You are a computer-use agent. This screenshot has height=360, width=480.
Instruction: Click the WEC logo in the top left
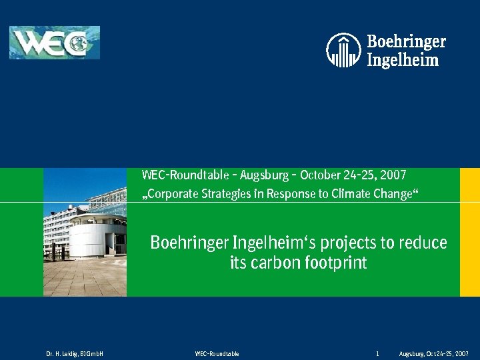coord(54,43)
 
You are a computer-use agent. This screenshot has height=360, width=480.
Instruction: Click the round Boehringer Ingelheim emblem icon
coord(343,50)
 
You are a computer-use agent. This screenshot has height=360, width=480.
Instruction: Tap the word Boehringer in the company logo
coord(406,42)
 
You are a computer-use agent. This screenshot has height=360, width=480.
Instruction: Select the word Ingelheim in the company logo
coord(403,60)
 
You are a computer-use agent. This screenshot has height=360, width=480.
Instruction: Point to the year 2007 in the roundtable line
coord(393,176)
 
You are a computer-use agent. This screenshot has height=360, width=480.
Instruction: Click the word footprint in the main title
coord(337,263)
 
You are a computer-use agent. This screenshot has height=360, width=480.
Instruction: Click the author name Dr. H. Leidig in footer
coord(63,353)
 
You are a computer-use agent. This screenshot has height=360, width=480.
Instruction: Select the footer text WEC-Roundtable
coord(217,353)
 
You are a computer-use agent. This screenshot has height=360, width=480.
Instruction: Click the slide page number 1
coord(377,353)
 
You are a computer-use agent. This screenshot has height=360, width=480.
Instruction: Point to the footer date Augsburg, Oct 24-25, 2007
coord(433,353)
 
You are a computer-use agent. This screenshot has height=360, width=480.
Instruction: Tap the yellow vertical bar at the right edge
coord(469,232)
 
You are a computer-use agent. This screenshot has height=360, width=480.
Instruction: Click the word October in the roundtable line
coord(323,176)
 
